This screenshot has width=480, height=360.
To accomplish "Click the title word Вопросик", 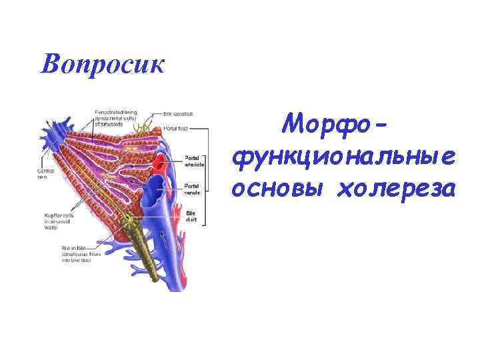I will click(x=101, y=64).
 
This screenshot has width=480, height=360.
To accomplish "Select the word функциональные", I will click(x=343, y=157).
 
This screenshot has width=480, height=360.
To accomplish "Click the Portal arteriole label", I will click(x=194, y=161).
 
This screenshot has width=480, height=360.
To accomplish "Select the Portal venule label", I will click(x=193, y=189).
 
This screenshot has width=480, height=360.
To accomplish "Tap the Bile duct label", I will click(x=191, y=216).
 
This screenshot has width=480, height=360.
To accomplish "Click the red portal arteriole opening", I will click(x=159, y=163).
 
